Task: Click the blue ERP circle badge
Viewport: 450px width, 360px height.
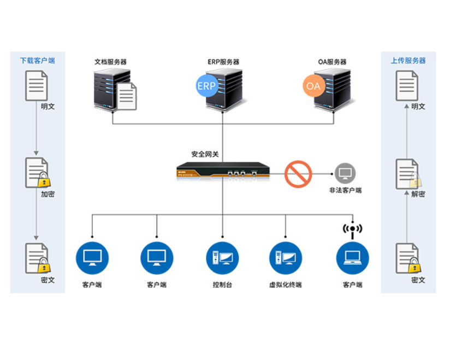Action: [206, 86]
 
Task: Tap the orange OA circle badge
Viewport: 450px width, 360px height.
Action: [313, 86]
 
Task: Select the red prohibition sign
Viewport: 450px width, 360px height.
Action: [298, 174]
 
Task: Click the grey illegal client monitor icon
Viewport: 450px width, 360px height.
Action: [345, 174]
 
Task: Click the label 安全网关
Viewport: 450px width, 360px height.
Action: [205, 155]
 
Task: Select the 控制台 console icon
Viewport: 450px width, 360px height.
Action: [222, 257]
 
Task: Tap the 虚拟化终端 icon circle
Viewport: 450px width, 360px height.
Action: [286, 257]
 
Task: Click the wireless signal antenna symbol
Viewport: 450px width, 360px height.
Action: [352, 229]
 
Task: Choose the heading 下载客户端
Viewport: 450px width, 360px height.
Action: [38, 61]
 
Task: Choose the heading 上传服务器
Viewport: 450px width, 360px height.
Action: [408, 61]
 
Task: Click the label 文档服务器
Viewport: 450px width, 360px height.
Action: [110, 62]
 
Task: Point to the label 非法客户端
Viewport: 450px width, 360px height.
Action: [345, 191]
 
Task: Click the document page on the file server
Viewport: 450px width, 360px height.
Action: [127, 96]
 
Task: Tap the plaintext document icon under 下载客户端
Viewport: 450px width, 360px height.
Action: [37, 86]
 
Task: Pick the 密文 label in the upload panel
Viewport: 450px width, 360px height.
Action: [418, 280]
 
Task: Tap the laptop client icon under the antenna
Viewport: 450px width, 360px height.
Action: [352, 257]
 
